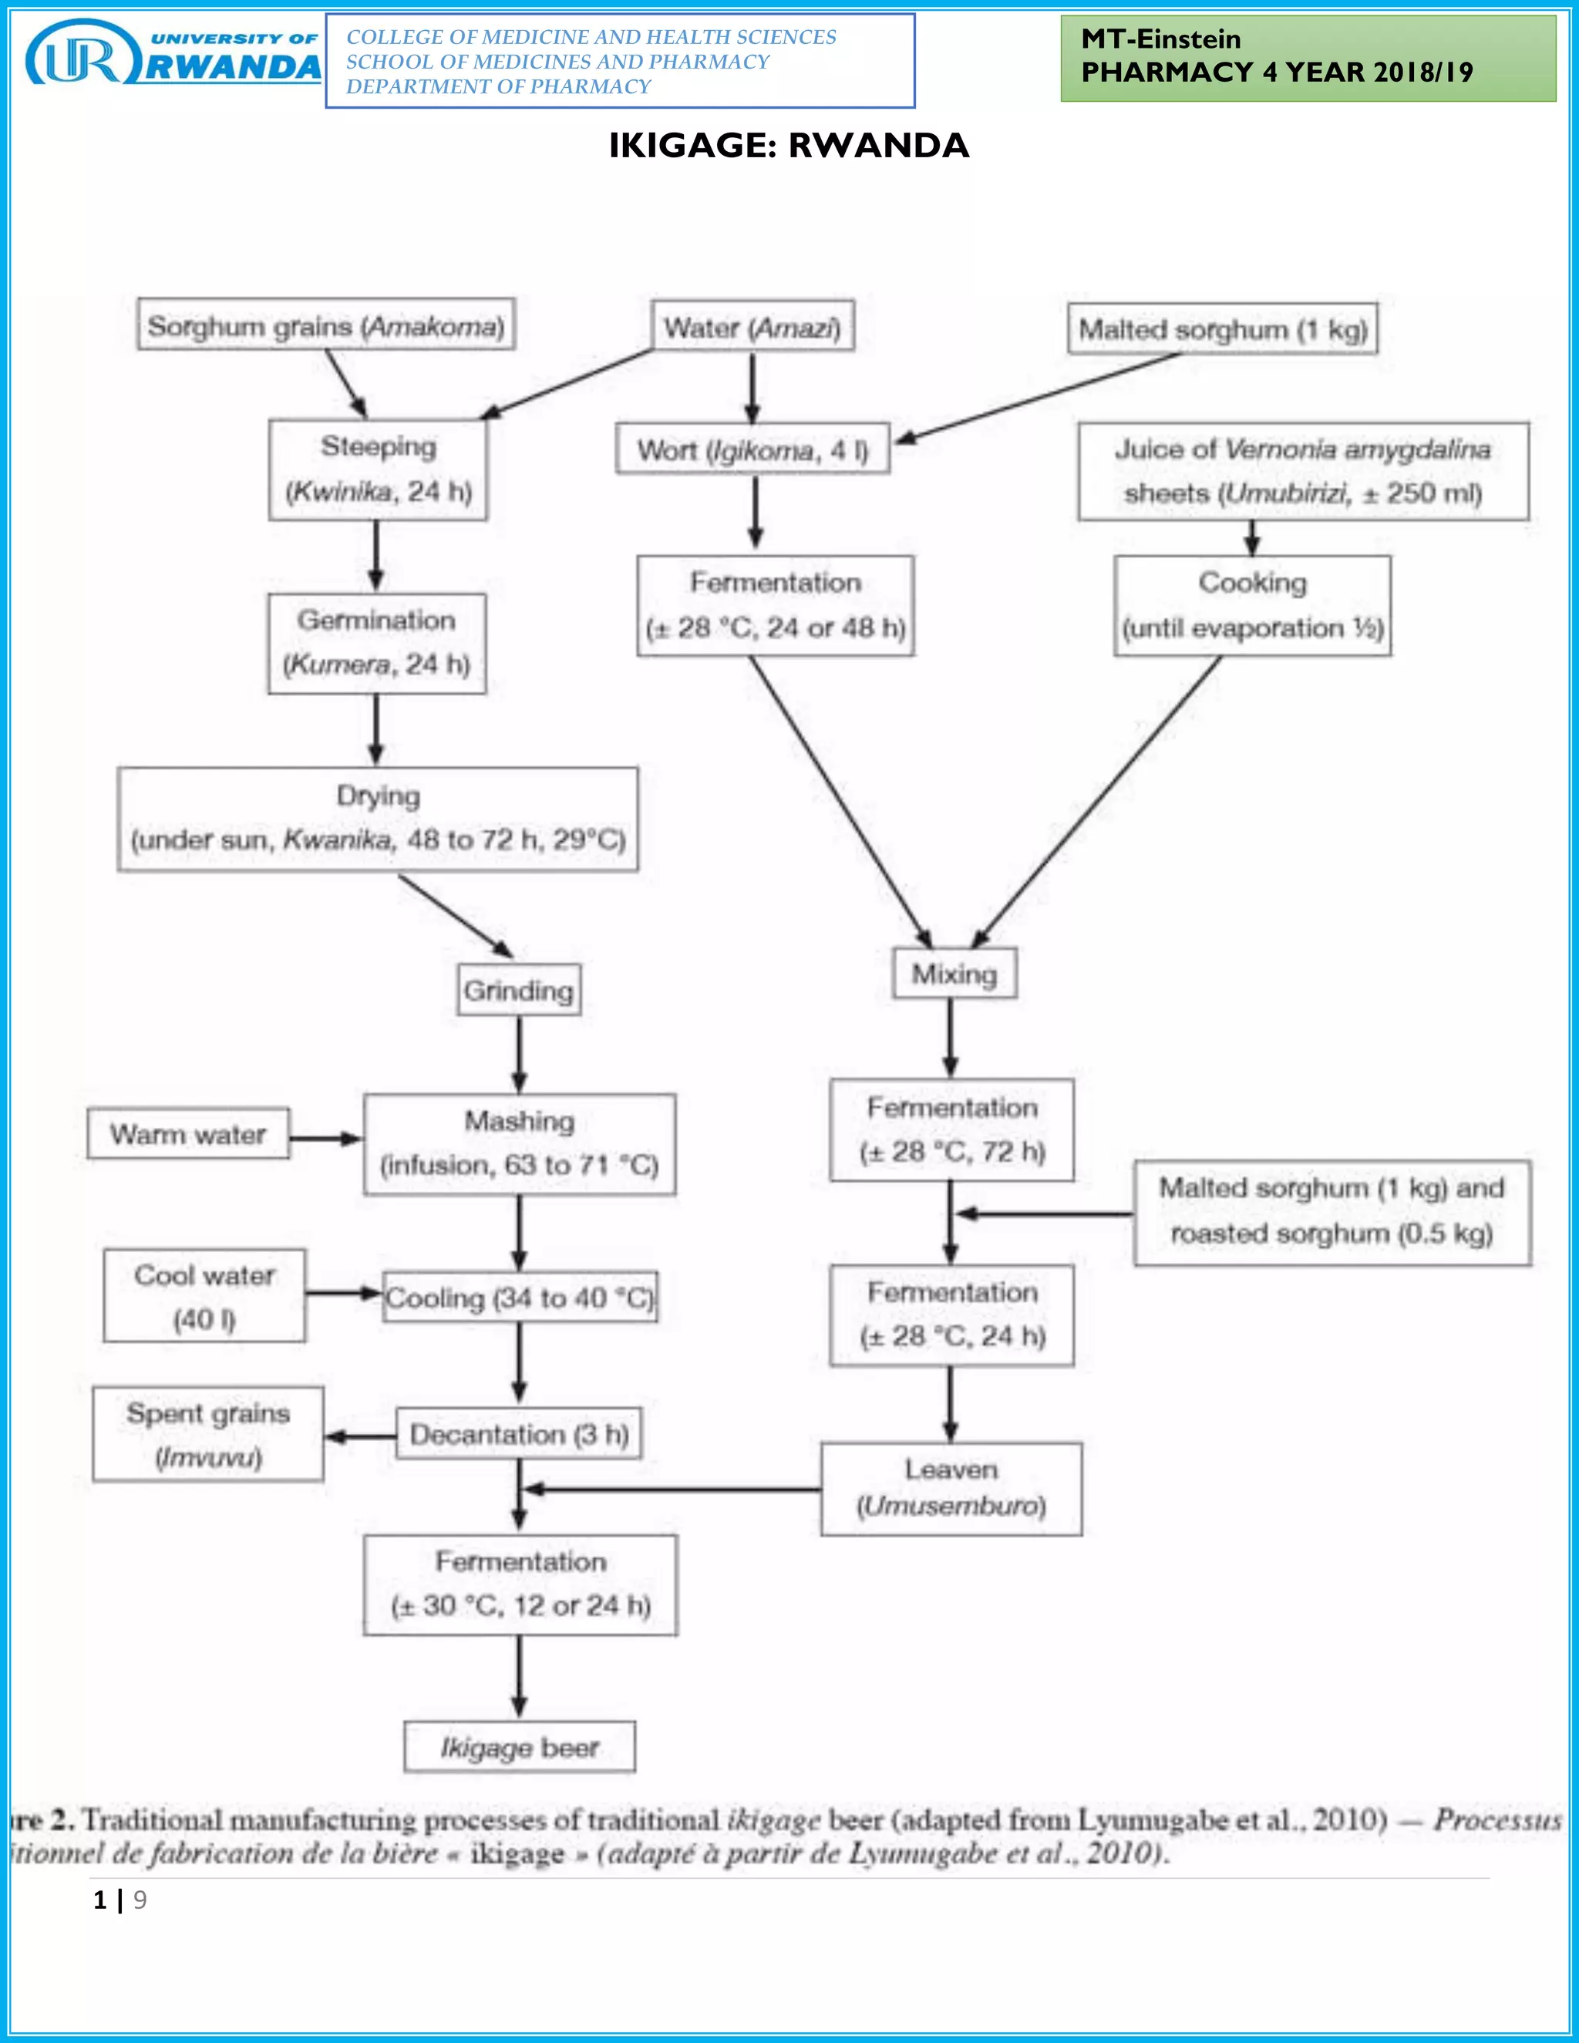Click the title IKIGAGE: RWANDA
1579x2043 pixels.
tap(789, 146)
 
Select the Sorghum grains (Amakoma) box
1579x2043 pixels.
tap(325, 325)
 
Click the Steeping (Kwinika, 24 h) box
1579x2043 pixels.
tap(378, 469)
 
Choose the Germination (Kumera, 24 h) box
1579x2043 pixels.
tap(377, 644)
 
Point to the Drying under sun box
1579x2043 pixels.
tap(378, 820)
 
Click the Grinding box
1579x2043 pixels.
tap(519, 990)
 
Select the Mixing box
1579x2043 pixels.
tap(954, 974)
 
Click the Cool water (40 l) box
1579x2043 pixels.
tap(204, 1296)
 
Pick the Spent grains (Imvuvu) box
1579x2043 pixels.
tap(207, 1434)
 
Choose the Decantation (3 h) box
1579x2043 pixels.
tap(519, 1433)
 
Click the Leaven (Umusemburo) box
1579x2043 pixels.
tap(951, 1488)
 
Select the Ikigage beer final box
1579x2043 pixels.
tap(519, 1746)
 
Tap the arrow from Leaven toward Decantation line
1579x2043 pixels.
tap(672, 1488)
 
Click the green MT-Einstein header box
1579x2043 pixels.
tap(1308, 58)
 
